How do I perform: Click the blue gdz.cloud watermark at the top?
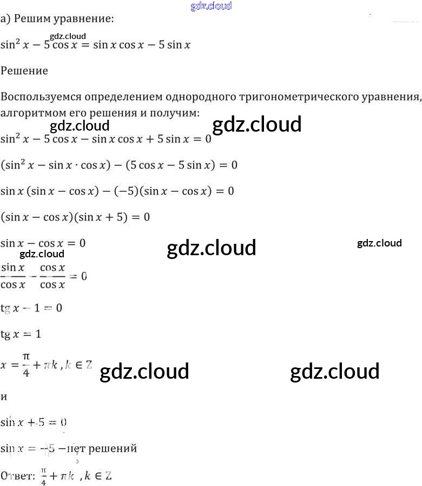(212, 6)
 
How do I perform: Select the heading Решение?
(24, 70)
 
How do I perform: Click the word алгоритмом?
(30, 113)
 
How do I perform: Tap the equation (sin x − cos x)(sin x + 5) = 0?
(75, 217)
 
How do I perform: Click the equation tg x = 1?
(21, 334)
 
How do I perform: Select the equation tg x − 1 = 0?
(31, 308)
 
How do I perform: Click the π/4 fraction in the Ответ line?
(43, 476)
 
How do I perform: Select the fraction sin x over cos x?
(13, 276)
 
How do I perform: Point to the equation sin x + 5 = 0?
(34, 422)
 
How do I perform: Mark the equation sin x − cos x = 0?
(43, 243)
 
